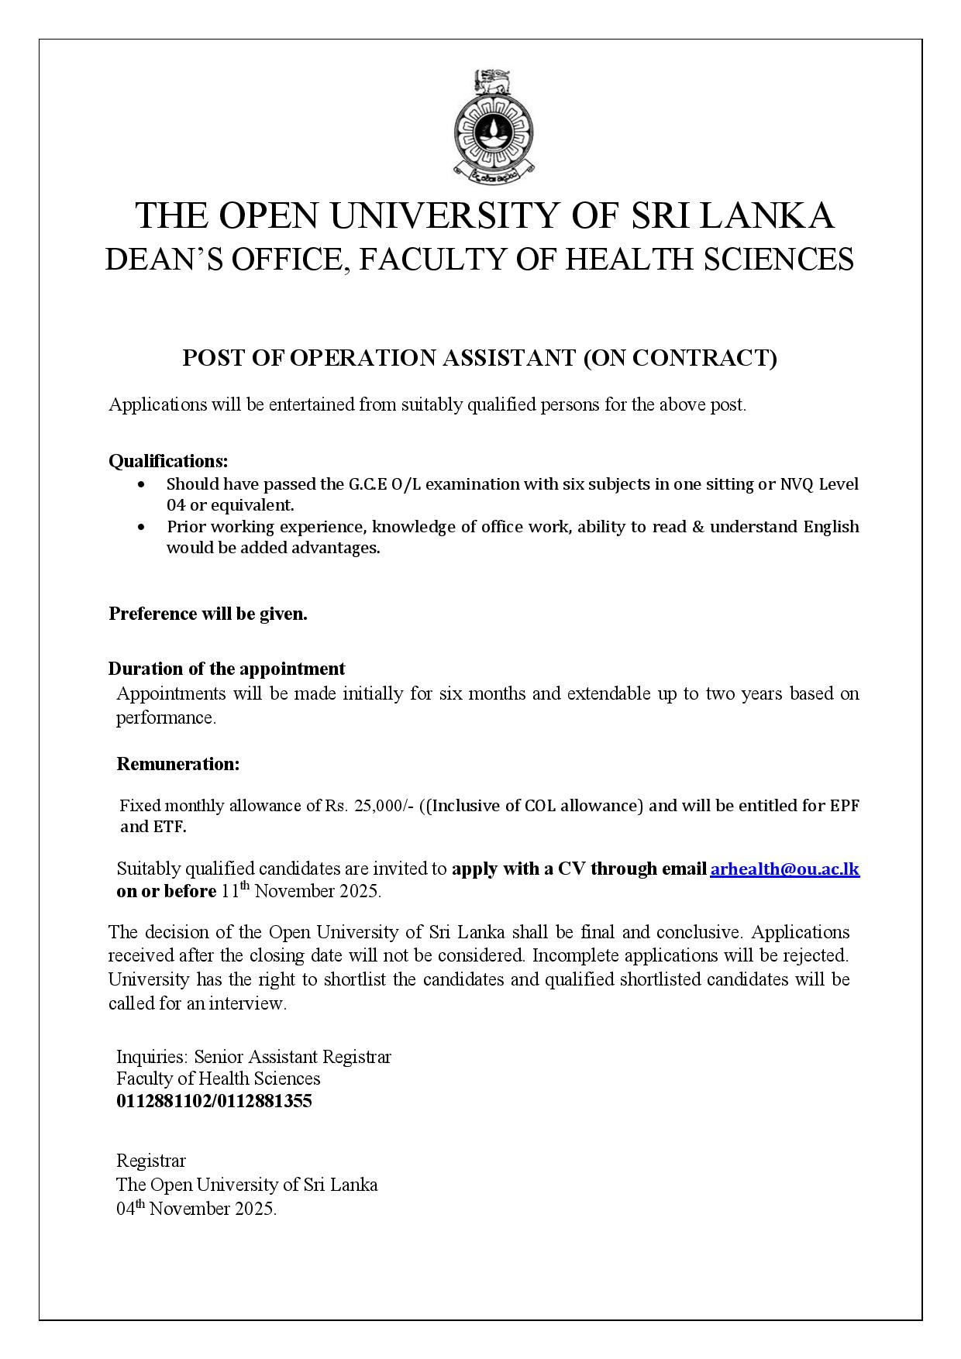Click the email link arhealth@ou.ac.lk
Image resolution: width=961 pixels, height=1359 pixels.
tap(784, 869)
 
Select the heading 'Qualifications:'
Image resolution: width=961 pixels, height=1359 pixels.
tap(168, 461)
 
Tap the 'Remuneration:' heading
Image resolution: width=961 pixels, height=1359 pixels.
tap(177, 764)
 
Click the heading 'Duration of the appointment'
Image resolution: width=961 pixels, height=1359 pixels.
tap(226, 669)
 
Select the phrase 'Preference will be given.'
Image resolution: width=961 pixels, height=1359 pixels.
tap(208, 614)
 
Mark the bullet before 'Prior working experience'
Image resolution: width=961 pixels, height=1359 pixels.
tap(140, 528)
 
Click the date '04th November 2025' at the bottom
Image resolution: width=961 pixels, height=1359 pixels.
tap(196, 1209)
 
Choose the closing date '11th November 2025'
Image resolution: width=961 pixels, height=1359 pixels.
tap(301, 891)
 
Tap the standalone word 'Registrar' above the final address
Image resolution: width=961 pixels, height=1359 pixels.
tap(151, 1161)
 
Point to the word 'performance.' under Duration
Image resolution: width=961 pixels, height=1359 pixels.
tap(166, 717)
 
